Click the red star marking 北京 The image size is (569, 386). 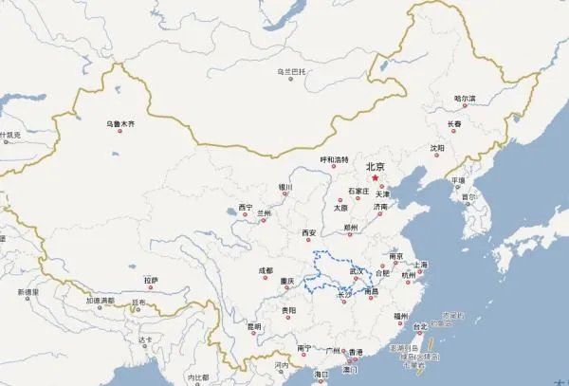376,176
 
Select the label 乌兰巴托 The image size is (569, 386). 289,70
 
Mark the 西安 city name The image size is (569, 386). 308,232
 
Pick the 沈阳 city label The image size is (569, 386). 435,148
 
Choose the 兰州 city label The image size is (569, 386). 264,214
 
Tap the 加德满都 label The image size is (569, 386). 100,301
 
